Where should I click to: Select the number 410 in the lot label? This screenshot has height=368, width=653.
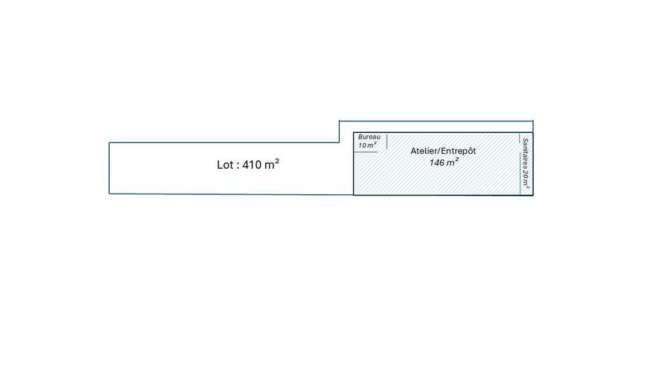coord(251,165)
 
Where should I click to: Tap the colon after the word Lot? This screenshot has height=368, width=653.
coord(238,166)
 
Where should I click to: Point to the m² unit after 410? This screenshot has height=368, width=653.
coord(272,164)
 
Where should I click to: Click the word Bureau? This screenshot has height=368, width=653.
coord(369,137)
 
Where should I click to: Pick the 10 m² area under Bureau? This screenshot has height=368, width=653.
coord(367,145)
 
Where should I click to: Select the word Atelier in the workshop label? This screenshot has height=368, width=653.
coord(425,151)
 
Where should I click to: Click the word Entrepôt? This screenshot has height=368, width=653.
coord(459,151)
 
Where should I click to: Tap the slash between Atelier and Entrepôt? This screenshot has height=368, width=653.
coord(440,151)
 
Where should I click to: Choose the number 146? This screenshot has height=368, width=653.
coord(437,163)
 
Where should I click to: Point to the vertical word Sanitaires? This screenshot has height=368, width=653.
coord(525,152)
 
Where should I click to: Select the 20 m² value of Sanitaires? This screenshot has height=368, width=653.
coord(525,178)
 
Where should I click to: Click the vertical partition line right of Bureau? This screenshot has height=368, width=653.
coord(387,141)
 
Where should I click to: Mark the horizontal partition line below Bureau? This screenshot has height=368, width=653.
coord(365,152)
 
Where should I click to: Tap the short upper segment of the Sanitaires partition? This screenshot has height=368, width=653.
coord(520,138)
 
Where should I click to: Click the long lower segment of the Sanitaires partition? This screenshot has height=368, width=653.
coord(520,173)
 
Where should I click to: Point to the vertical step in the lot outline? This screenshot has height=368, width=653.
coord(339,132)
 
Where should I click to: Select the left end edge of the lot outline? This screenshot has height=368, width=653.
coord(109,168)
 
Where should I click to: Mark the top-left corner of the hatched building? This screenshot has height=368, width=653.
coord(353,133)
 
